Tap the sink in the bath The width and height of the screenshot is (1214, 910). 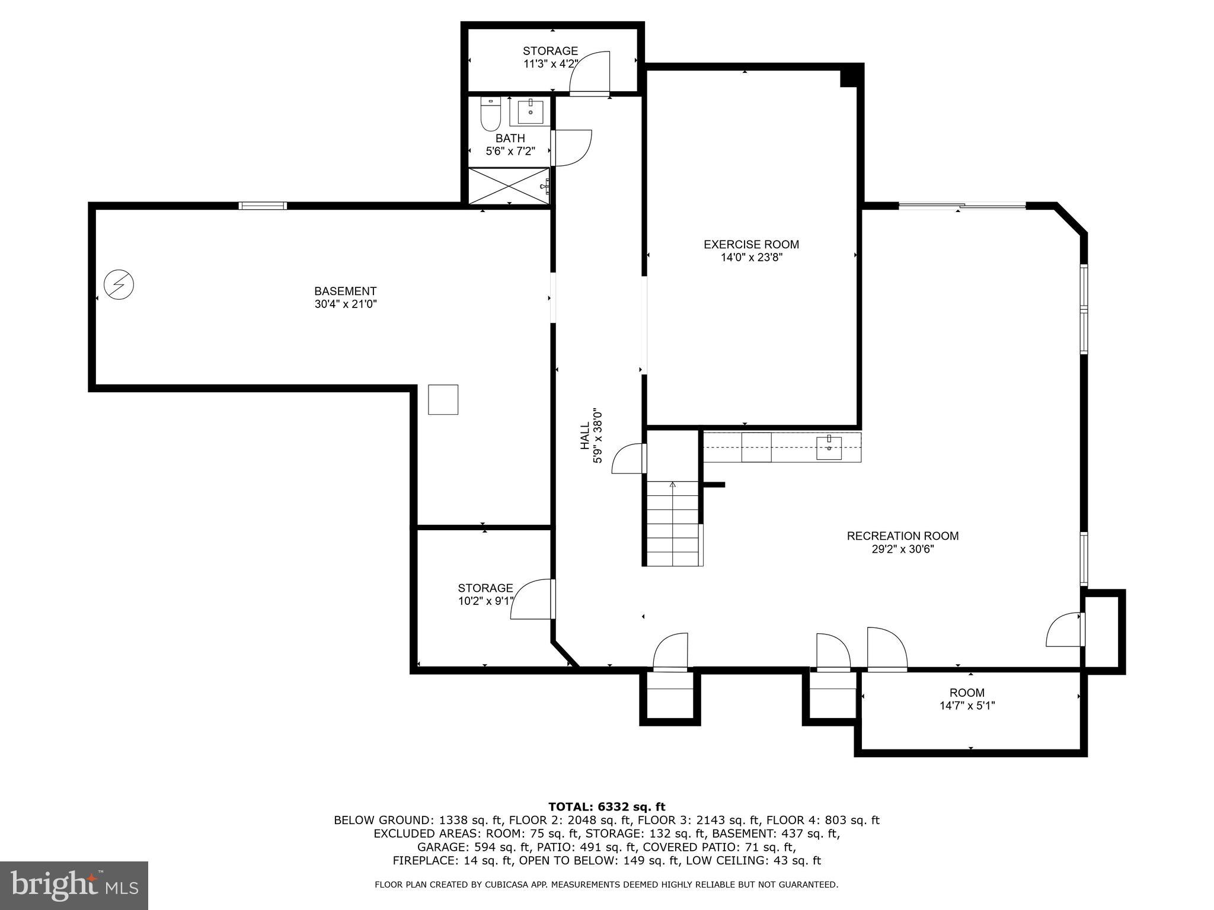coord(530,111)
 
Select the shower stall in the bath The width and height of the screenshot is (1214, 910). coord(509,186)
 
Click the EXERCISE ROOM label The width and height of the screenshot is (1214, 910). coord(750,244)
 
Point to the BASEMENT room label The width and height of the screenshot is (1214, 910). coord(345,291)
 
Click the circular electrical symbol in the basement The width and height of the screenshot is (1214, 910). coord(119,285)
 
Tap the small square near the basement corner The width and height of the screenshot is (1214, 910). coord(443,399)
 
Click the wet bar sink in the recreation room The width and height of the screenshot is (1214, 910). coord(828,448)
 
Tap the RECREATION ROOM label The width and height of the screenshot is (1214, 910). coord(902,536)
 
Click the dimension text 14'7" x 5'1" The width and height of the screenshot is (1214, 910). coord(967,706)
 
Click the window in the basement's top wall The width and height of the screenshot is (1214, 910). coord(263,206)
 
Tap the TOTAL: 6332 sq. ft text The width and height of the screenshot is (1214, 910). coord(606,806)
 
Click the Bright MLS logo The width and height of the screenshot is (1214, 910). coord(74,885)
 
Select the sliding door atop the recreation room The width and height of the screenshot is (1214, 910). coord(962,206)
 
